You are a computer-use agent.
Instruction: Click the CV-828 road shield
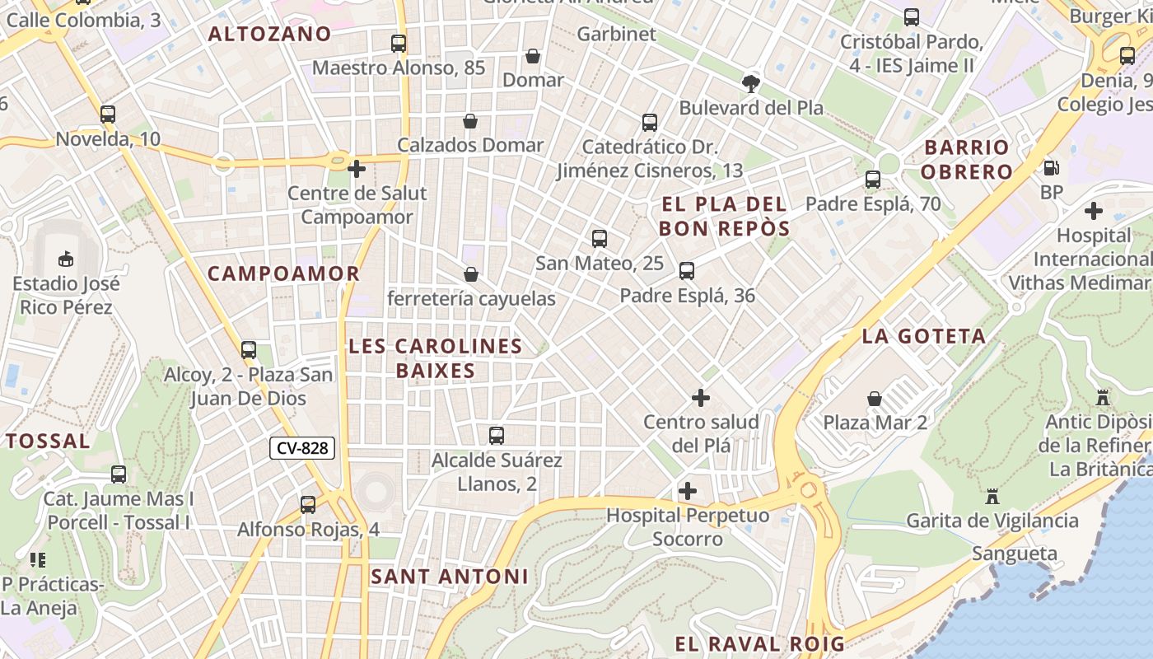coord(302,448)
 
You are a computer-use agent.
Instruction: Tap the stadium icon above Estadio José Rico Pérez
coord(65,259)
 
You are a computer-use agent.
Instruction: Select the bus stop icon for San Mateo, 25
coord(600,239)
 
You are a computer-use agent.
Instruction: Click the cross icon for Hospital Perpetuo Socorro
coord(687,491)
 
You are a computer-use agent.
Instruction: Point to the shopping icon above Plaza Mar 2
coord(875,399)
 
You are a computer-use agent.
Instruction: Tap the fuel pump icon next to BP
coord(1051,168)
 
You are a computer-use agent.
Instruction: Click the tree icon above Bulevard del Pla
coord(750,83)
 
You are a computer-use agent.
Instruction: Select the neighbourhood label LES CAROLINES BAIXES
coord(436,358)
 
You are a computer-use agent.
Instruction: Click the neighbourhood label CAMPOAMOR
coord(283,273)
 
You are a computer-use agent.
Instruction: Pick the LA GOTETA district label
coord(923,335)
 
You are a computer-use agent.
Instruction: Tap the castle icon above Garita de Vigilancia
coord(992,497)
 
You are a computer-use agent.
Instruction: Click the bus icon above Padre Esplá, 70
coord(873,179)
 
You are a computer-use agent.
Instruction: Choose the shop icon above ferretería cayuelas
coord(471,274)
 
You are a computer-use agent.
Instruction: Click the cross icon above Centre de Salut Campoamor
coord(357,169)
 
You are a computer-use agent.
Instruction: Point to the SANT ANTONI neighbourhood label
coord(450,576)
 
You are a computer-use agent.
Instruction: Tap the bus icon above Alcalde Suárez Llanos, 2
coord(497,436)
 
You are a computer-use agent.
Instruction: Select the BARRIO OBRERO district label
coord(966,159)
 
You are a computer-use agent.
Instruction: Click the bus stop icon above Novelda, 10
coord(108,115)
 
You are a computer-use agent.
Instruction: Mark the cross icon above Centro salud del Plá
coord(700,398)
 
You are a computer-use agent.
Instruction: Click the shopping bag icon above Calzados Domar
coord(470,121)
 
